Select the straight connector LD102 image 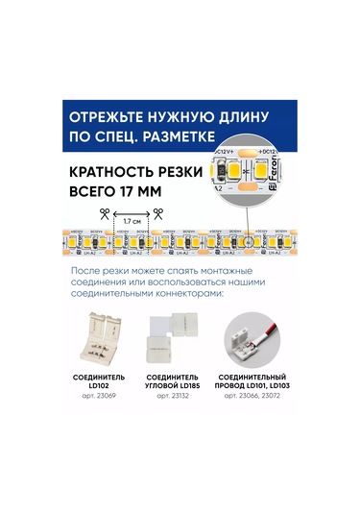(100, 332)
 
